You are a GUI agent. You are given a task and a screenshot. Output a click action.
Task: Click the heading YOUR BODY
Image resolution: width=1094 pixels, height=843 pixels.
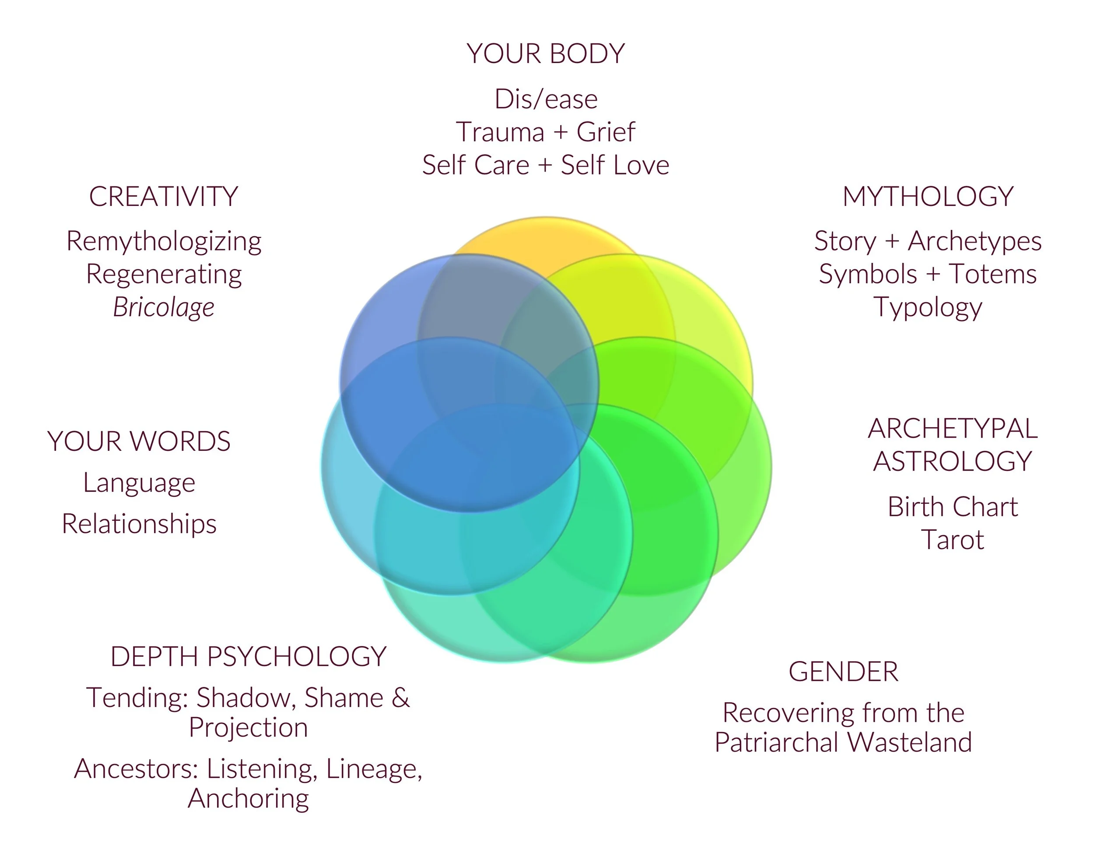point(546,54)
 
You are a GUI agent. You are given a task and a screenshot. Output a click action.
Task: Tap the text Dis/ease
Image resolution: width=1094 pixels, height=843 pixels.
point(546,99)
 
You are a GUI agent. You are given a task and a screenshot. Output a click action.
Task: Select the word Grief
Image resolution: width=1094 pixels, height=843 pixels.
point(606,132)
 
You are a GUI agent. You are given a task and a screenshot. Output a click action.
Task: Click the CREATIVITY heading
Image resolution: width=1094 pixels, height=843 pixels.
point(163,196)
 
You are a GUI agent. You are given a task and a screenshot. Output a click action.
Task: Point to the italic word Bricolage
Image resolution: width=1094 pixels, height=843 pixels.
point(164,307)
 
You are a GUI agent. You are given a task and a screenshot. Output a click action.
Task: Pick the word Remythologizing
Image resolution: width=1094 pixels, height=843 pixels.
point(164,241)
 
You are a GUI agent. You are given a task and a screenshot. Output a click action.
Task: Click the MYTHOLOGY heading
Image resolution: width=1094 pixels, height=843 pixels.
point(928,196)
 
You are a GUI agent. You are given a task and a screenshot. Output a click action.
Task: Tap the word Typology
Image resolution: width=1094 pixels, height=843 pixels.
point(928,307)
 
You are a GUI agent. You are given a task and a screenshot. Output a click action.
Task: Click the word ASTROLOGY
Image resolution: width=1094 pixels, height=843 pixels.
point(952,461)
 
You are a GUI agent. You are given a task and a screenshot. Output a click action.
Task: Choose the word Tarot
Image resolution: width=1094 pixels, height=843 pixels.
point(952,540)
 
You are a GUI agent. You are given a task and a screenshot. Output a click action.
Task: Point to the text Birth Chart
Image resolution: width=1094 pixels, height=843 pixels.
point(952,507)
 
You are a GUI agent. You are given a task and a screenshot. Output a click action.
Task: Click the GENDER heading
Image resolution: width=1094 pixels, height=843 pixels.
point(843,672)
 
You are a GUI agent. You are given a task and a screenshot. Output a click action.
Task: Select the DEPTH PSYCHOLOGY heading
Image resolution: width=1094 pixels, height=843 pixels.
point(249,657)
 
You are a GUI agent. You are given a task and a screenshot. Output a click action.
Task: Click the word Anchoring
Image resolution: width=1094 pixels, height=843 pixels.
point(249,798)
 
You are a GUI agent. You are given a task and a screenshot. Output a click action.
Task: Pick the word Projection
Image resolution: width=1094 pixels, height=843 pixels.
point(249,728)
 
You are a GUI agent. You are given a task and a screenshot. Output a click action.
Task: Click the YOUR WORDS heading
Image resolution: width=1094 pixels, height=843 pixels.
point(139,442)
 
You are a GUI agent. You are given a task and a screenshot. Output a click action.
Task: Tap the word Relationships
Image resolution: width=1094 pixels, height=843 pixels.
point(139,524)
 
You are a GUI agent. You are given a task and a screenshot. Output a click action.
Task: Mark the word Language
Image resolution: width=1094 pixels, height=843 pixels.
point(139,483)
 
